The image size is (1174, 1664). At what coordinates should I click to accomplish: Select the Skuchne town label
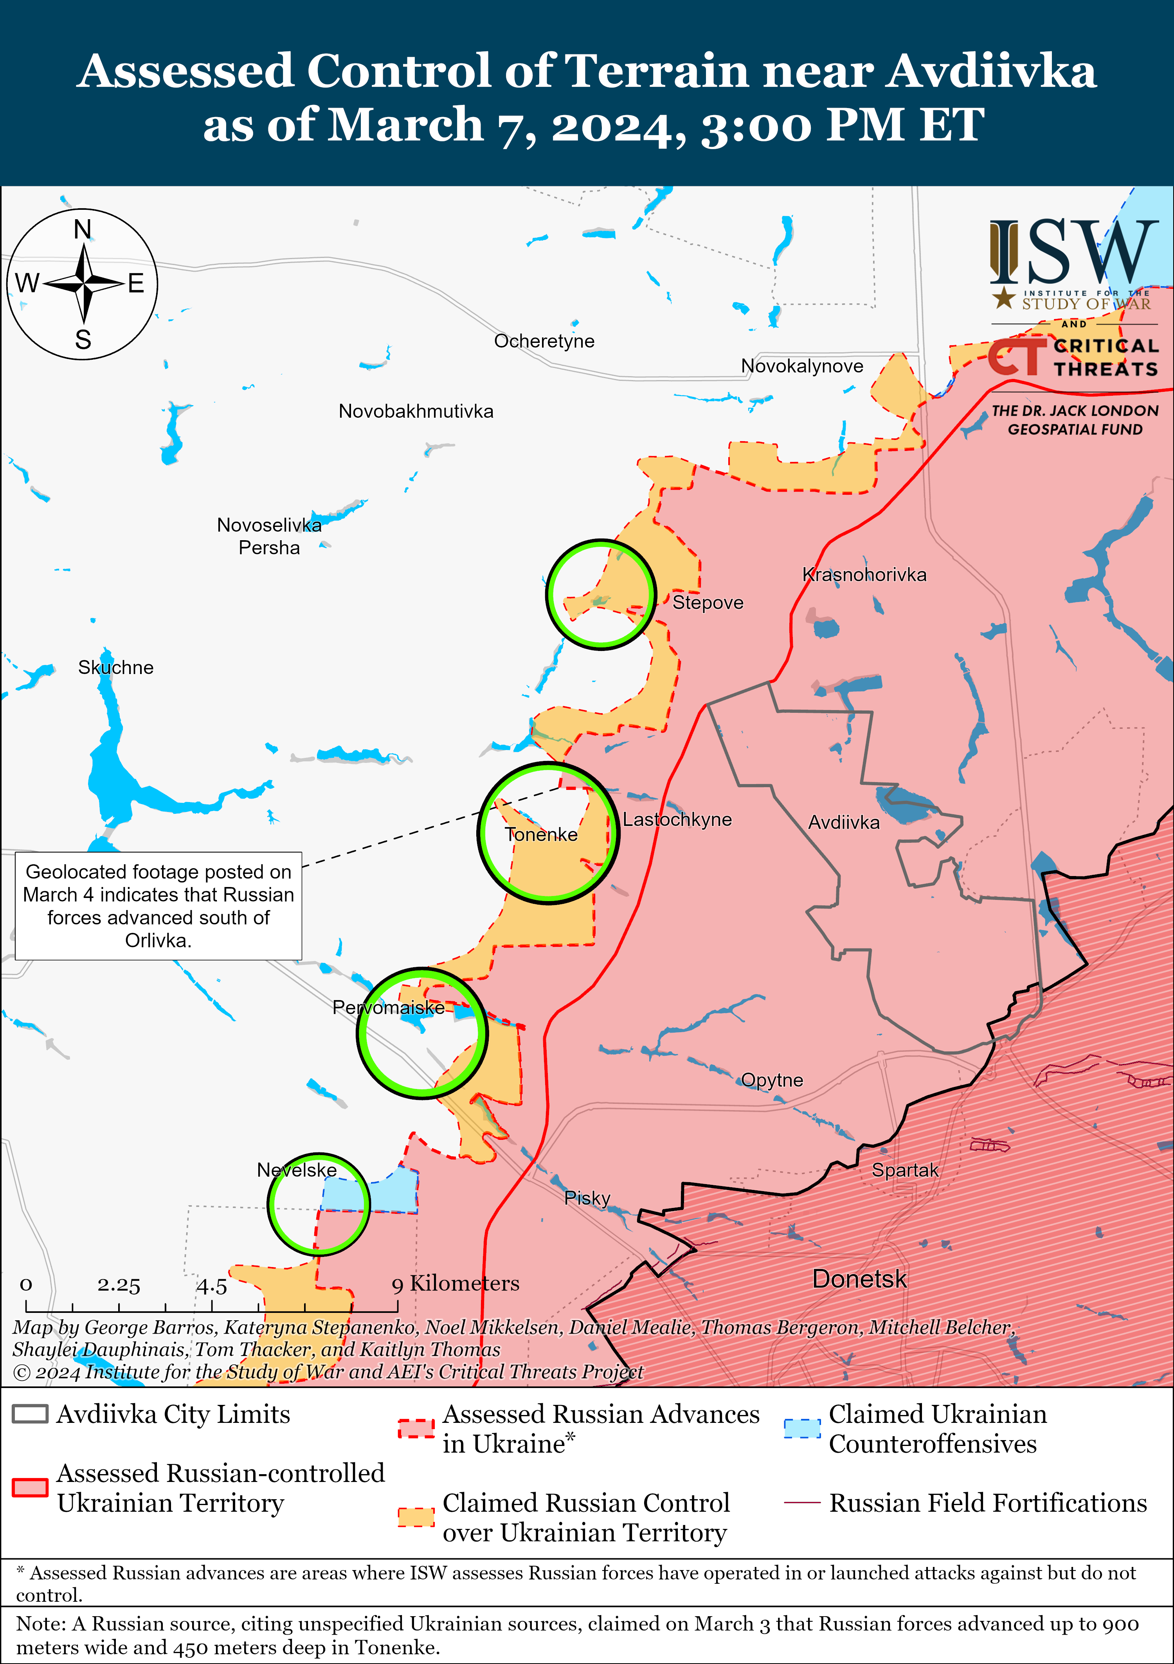tap(116, 667)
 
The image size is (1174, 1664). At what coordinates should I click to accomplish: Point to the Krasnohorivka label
tap(864, 575)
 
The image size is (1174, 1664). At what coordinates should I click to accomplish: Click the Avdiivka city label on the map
tap(844, 822)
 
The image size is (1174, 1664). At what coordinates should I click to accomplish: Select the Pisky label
tap(587, 1198)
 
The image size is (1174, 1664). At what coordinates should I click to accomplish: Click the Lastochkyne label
tap(677, 820)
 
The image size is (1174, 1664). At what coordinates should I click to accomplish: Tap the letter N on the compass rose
tap(83, 230)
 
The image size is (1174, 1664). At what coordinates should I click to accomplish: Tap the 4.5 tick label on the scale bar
tap(212, 1287)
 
